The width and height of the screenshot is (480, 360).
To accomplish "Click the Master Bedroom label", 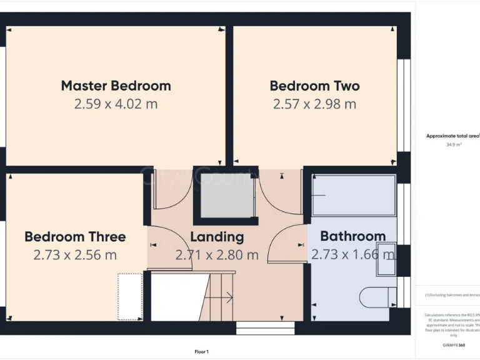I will coord(116,86).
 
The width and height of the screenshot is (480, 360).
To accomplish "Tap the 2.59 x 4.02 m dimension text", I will coord(116,104).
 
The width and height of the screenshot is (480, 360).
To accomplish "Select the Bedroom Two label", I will coord(314,86).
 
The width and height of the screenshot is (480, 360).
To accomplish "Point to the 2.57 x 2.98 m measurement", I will coord(314,104).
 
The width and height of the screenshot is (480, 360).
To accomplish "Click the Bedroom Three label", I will coord(75,237).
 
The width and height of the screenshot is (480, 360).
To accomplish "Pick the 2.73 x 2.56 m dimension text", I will coord(75,255).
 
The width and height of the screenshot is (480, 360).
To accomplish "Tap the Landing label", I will coord(217,237).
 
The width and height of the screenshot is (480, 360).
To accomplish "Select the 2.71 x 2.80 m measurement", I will coord(217,255).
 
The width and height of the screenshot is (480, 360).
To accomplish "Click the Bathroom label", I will coord(352,236).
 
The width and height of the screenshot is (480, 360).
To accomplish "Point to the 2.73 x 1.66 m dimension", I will coord(352,254).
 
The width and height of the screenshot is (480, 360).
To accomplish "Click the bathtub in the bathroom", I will coord(354,196).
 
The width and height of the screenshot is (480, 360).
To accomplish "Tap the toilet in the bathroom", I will coord(379,297).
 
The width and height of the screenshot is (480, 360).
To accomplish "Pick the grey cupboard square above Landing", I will coord(226,196).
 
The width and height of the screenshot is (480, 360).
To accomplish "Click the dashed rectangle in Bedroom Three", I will coord(130,296).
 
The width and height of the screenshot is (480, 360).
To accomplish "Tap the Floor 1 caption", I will coord(202,352).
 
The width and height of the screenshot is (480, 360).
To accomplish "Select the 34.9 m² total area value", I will coord(453,144).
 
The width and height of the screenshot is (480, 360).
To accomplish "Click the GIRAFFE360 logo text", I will coord(453,345).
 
